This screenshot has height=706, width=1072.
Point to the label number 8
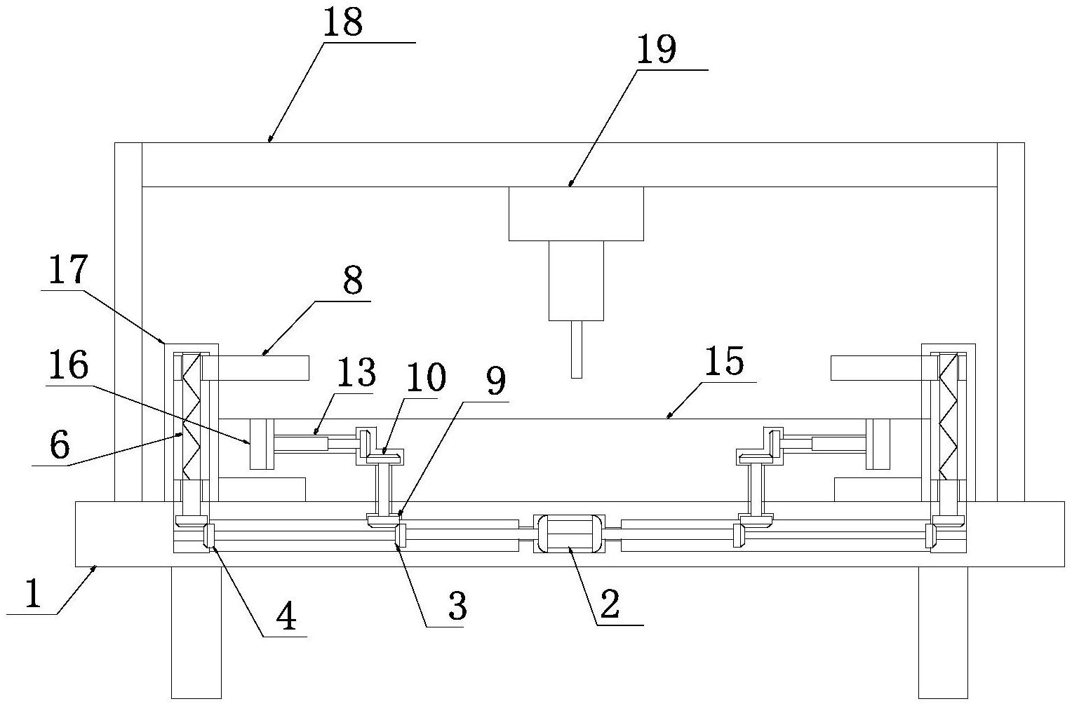(x=353, y=280)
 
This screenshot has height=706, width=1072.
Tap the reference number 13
(x=356, y=373)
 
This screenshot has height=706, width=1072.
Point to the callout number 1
(x=60, y=444)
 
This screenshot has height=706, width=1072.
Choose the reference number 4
(x=32, y=593)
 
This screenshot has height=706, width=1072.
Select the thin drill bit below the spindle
(x=569, y=534)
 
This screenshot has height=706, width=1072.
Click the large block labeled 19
(x=576, y=349)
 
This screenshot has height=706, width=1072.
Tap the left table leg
(x=576, y=214)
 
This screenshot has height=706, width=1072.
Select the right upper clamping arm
(x=256, y=368)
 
